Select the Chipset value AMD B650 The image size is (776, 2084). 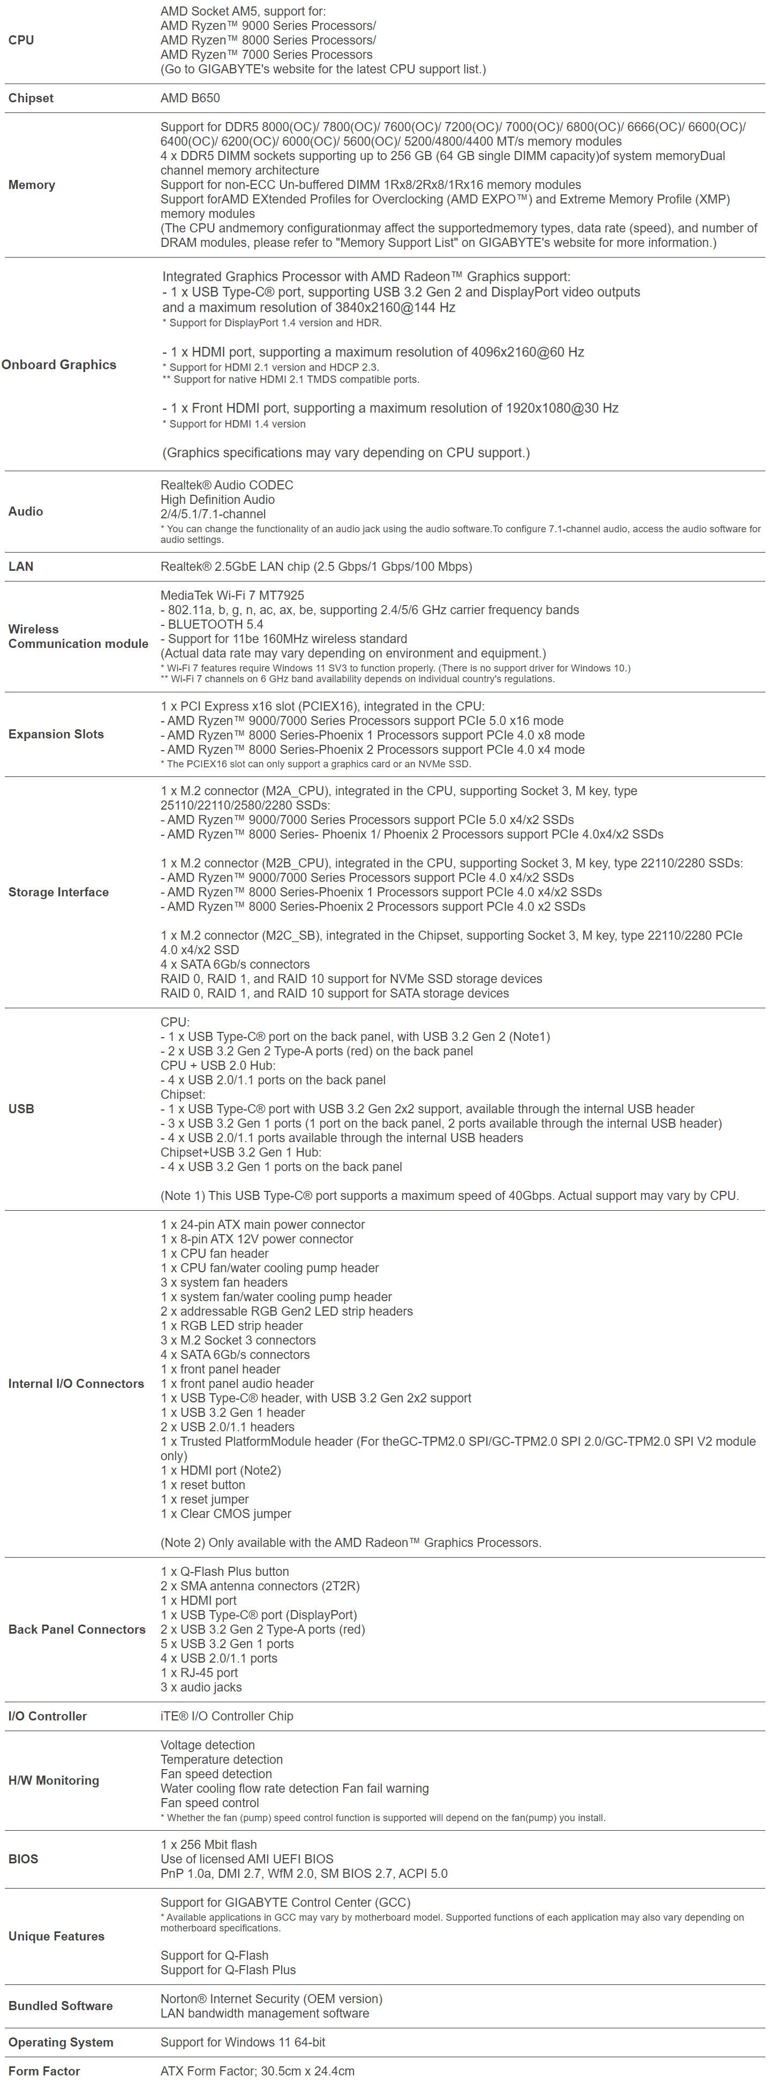(190, 98)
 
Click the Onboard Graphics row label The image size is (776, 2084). (59, 365)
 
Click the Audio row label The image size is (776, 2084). (25, 511)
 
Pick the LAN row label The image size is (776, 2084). (21, 567)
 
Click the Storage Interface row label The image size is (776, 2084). (58, 892)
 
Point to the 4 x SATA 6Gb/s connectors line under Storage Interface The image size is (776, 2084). (235, 964)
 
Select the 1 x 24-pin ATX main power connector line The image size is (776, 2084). (262, 1225)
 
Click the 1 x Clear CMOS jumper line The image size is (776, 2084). (226, 1514)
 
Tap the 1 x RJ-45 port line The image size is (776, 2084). (199, 1673)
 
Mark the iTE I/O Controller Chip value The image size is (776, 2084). (227, 1716)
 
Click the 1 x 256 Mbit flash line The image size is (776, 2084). (208, 1845)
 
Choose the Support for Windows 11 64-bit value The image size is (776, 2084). (243, 2042)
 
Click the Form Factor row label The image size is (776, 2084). (44, 2071)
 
